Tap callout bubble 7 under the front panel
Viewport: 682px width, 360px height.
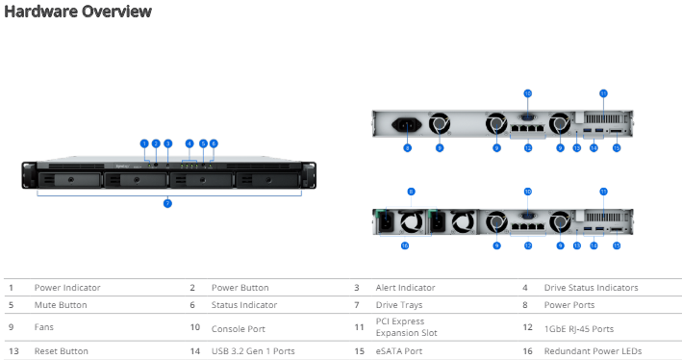166,204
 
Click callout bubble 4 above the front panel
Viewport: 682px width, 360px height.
189,143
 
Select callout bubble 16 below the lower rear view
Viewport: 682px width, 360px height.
405,246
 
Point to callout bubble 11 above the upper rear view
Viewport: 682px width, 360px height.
603,93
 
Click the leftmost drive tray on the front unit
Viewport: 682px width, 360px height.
72,178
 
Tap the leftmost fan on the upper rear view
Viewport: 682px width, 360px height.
440,126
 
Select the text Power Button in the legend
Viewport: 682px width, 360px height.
240,287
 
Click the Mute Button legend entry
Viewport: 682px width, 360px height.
61,304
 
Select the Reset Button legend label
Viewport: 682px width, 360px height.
62,351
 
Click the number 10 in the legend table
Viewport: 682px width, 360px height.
193,328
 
